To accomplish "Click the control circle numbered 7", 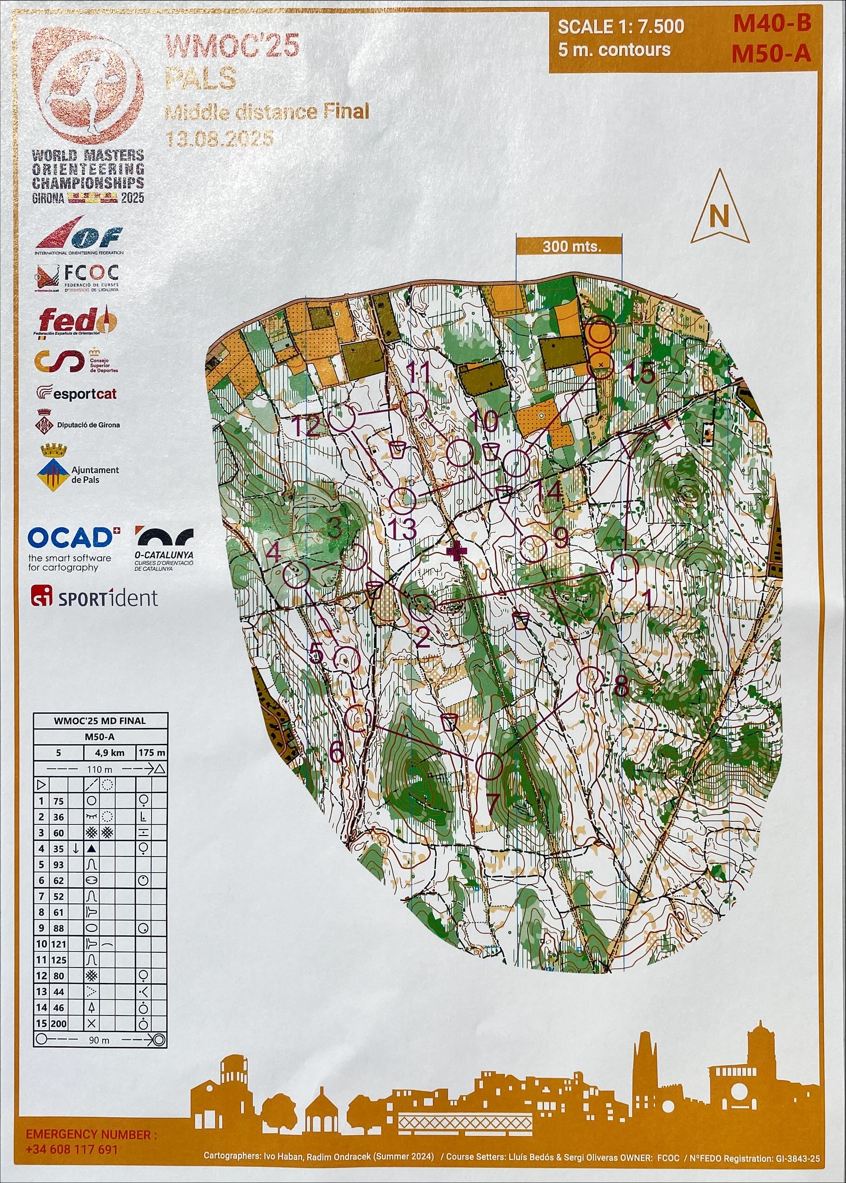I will coord(489,766).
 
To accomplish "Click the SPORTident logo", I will coord(94,597).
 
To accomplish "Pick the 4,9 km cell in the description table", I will coord(109,753).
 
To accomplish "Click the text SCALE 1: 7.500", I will coord(620,27).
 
